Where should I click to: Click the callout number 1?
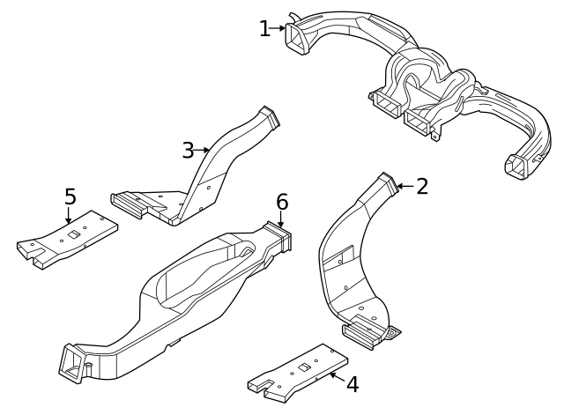(264, 28)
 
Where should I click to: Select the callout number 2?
(422, 186)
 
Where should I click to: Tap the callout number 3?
(188, 151)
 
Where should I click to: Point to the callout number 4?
(352, 384)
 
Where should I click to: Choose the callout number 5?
(70, 195)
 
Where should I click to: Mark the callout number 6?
(282, 202)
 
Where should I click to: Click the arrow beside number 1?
(278, 28)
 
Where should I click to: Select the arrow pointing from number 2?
(403, 186)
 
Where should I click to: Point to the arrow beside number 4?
(335, 376)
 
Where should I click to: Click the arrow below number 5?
(70, 215)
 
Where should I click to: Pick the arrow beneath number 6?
(282, 221)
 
